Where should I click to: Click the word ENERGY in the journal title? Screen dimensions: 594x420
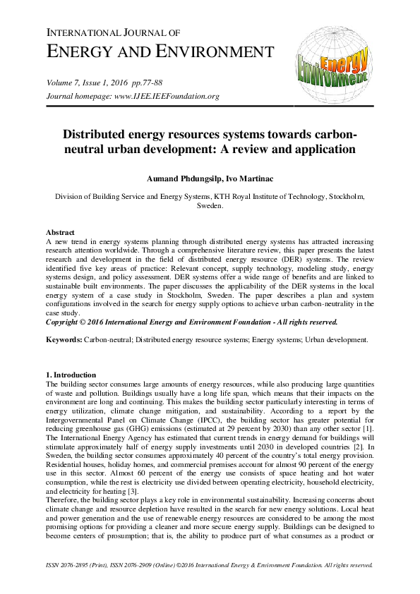[80, 51]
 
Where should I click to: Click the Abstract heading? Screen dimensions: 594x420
[61, 232]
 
